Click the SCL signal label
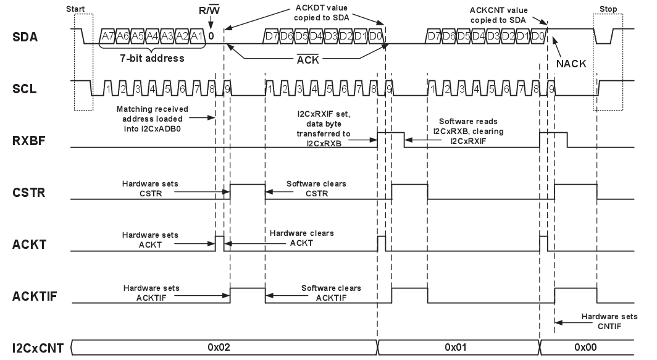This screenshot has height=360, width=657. pyautogui.click(x=24, y=88)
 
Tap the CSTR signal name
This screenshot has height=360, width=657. pyautogui.click(x=27, y=193)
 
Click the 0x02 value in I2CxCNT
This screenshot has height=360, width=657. pyautogui.click(x=219, y=348)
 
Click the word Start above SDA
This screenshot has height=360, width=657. pyautogui.click(x=75, y=9)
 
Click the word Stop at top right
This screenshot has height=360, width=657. pyautogui.click(x=608, y=9)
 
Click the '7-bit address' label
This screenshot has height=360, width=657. pyautogui.click(x=153, y=59)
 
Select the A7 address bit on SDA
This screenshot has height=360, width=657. pyautogui.click(x=106, y=36)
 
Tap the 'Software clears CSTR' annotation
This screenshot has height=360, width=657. pyautogui.click(x=316, y=188)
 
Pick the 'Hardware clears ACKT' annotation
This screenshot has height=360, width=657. pyautogui.click(x=301, y=238)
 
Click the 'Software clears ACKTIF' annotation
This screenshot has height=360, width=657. pyautogui.click(x=331, y=293)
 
